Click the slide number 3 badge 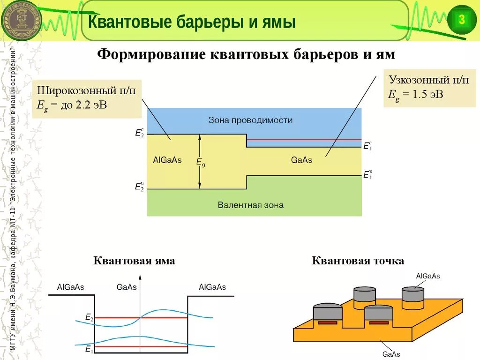pos(461,20)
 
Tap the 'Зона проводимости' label pos(250,120)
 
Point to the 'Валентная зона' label pos(250,205)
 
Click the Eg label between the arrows pos(200,162)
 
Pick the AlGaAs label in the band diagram pos(167,160)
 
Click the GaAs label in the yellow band pos(301,160)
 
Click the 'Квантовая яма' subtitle pos(134,261)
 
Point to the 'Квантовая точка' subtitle pos(358,261)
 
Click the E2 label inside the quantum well pos(89,318)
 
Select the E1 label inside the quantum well pos(89,349)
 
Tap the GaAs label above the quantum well pos(126,287)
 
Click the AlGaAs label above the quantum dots pos(428,276)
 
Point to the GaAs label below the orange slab pos(391,354)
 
